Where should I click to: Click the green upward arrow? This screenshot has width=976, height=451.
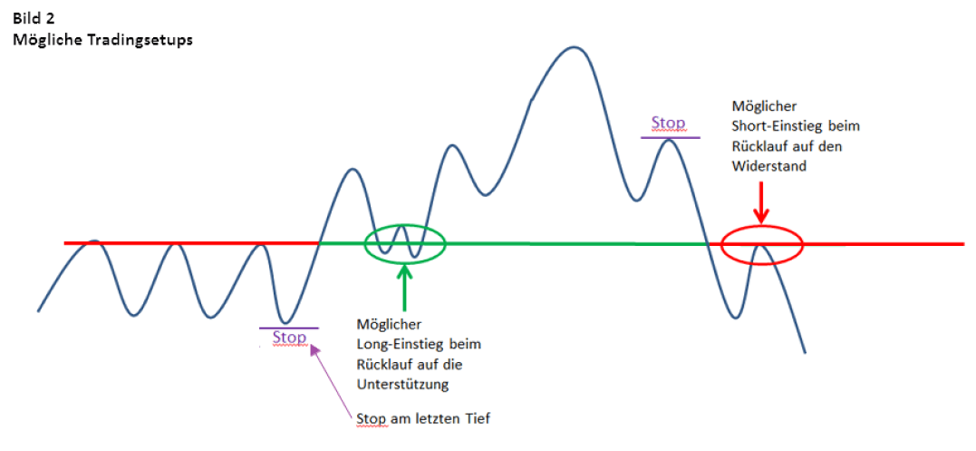click(405, 287)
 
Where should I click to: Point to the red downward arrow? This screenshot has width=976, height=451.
click(760, 201)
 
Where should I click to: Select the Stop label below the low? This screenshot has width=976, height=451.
click(289, 338)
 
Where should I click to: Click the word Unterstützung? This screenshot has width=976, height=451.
click(402, 385)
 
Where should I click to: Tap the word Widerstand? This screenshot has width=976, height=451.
click(768, 166)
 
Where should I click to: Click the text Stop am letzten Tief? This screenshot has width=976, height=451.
click(424, 418)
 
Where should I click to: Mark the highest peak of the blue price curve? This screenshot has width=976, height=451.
click(574, 46)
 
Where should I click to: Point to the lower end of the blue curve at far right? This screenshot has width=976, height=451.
click(805, 353)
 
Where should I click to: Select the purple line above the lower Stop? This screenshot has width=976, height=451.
click(289, 328)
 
